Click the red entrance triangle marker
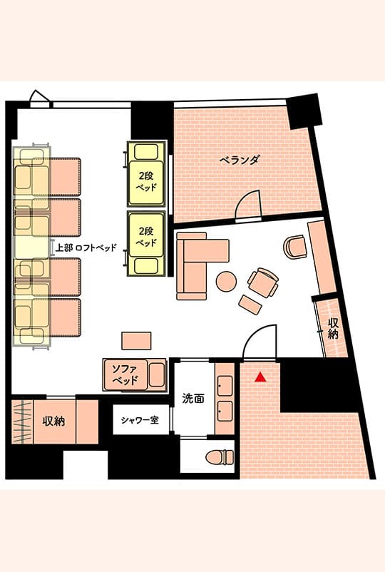tap(260, 377)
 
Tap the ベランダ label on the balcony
tap(240, 160)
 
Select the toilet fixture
tap(220, 456)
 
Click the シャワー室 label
tap(140, 420)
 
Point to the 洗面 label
tap(193, 399)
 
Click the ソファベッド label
tap(125, 374)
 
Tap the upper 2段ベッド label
tap(146, 181)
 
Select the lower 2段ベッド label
tap(146, 236)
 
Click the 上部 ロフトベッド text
tap(86, 247)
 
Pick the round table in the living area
tap(226, 281)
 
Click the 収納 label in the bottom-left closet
tap(53, 422)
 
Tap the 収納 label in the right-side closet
tap(333, 328)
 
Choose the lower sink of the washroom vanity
tap(225, 411)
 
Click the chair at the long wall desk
tap(294, 247)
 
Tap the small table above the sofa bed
tap(136, 340)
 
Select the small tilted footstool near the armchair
tap(250, 305)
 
